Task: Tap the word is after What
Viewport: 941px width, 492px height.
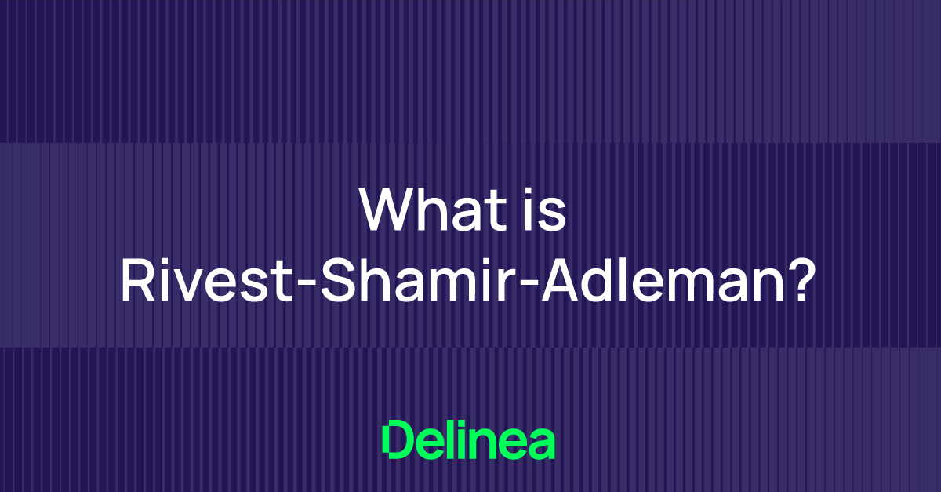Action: (x=546, y=210)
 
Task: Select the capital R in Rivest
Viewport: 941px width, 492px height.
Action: (x=136, y=282)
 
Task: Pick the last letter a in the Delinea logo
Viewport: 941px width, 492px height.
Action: (x=542, y=444)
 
